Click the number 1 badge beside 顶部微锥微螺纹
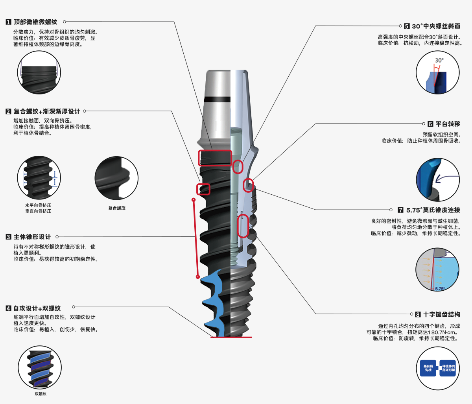pos(8,22)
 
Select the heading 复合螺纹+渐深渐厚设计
pos(47,111)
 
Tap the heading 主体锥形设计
pos(32,237)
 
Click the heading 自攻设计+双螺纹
pos(37,308)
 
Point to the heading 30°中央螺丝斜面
pos(436,26)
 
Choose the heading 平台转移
pos(448,124)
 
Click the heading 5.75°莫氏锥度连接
pos(433,210)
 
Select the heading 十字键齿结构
pos(441,314)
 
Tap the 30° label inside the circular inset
pos(439,60)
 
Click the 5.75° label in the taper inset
pos(440,288)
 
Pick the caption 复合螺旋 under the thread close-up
pos(117,208)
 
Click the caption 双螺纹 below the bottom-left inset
pos(40,394)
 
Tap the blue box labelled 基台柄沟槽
pos(428,368)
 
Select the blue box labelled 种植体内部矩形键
pos(448,368)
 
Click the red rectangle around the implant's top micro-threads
pos(215,158)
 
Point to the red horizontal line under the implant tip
pos(231,337)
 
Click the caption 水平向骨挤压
pos(38,205)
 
